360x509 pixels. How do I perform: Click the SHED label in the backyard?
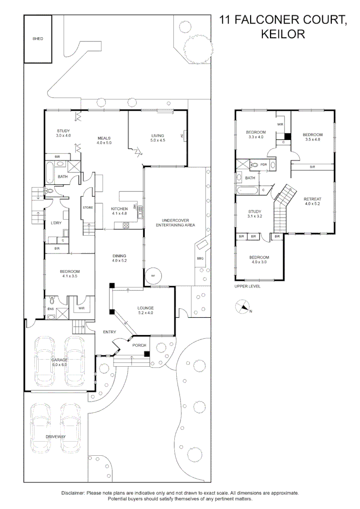(x=38, y=39)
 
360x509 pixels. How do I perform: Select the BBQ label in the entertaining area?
(x=200, y=258)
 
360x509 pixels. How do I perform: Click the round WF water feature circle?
(x=153, y=276)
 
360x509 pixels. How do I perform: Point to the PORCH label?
(x=139, y=345)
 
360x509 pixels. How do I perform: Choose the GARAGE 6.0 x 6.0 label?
(x=60, y=362)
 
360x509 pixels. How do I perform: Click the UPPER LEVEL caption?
(x=247, y=287)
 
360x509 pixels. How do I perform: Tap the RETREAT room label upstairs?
(x=312, y=201)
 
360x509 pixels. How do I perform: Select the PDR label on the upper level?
(x=263, y=164)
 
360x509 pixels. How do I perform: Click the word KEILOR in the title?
(x=283, y=34)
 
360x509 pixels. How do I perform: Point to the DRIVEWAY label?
(x=56, y=436)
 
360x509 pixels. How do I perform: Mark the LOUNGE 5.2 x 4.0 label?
(x=146, y=310)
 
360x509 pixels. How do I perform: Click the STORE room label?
(x=88, y=207)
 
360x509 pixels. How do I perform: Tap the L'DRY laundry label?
(x=56, y=223)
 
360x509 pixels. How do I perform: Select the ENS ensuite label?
(x=50, y=309)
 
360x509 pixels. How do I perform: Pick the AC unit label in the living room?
(x=181, y=136)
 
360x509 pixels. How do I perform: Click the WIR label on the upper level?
(x=280, y=124)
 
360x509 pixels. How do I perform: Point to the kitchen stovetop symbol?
(x=126, y=225)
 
